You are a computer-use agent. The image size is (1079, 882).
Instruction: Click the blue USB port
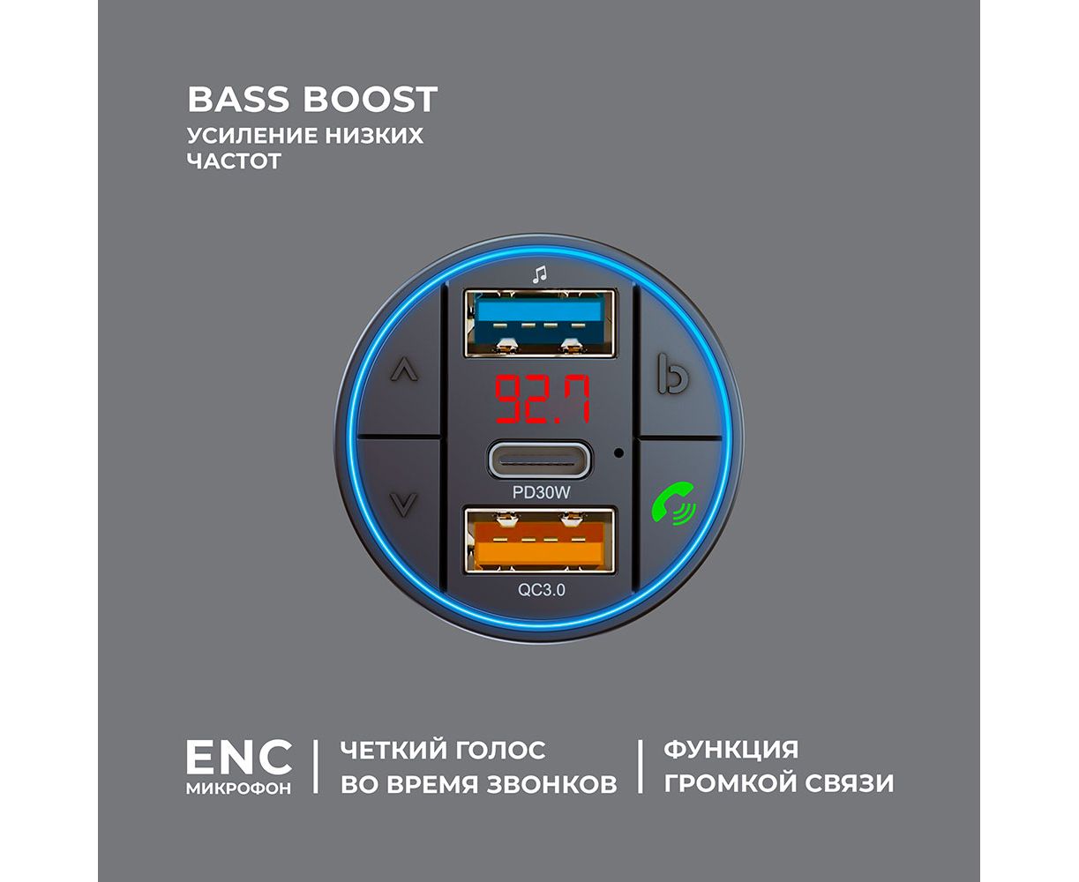pyautogui.click(x=540, y=323)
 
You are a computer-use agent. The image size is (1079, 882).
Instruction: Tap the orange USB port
pyautogui.click(x=540, y=542)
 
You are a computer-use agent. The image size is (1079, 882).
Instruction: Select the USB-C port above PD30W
pyautogui.click(x=540, y=460)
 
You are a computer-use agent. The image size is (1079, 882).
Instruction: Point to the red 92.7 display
pyautogui.click(x=541, y=400)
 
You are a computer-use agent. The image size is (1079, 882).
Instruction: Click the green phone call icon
pyautogui.click(x=671, y=507)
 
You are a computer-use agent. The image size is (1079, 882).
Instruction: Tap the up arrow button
pyautogui.click(x=403, y=370)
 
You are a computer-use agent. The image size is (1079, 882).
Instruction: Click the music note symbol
pyautogui.click(x=539, y=274)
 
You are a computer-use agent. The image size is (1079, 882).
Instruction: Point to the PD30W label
pyautogui.click(x=541, y=493)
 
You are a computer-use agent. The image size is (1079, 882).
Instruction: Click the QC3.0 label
pyautogui.click(x=541, y=590)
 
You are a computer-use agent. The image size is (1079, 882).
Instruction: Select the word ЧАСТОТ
pyautogui.click(x=234, y=161)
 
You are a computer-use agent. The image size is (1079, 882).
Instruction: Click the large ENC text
pyautogui.click(x=238, y=757)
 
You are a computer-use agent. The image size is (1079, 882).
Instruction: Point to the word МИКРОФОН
pyautogui.click(x=238, y=789)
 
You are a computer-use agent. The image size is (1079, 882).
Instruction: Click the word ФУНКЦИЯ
pyautogui.click(x=731, y=751)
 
